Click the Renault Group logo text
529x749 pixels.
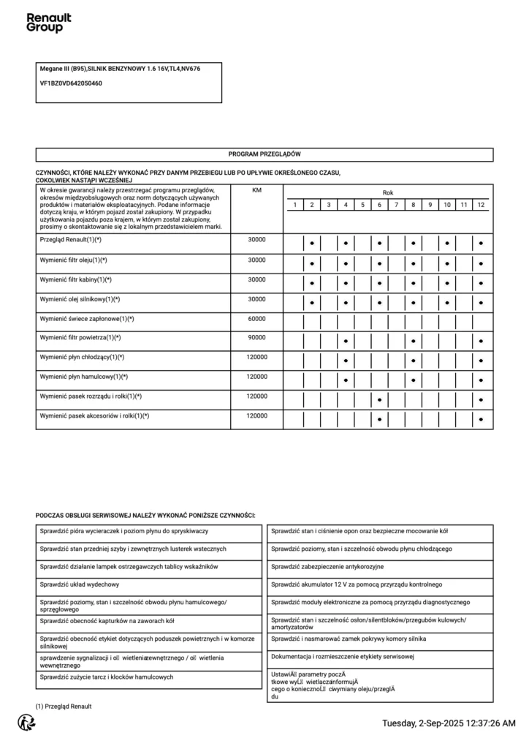point(48,23)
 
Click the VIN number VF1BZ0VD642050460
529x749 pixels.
point(71,83)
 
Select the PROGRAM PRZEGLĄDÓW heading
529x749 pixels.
point(264,155)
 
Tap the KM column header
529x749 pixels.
point(256,190)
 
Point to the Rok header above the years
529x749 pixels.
point(387,192)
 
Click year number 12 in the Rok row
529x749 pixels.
point(481,205)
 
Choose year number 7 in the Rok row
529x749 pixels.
point(397,205)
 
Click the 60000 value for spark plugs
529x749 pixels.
point(256,319)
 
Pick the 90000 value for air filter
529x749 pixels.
point(256,338)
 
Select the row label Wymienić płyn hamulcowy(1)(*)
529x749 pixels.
point(83,377)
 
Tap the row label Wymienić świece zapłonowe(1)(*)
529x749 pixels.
point(87,319)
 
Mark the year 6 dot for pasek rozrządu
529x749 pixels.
point(380,400)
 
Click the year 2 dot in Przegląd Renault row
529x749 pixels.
point(312,241)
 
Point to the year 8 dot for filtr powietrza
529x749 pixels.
point(414,341)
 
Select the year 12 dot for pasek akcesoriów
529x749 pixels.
point(481,420)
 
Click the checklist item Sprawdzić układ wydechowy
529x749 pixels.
point(80,584)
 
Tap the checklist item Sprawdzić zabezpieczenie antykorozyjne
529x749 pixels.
point(327,567)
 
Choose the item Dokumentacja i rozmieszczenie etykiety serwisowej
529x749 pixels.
point(343,656)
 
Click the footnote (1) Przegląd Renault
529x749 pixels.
point(64,706)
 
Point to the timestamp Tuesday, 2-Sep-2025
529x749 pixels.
point(449,723)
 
